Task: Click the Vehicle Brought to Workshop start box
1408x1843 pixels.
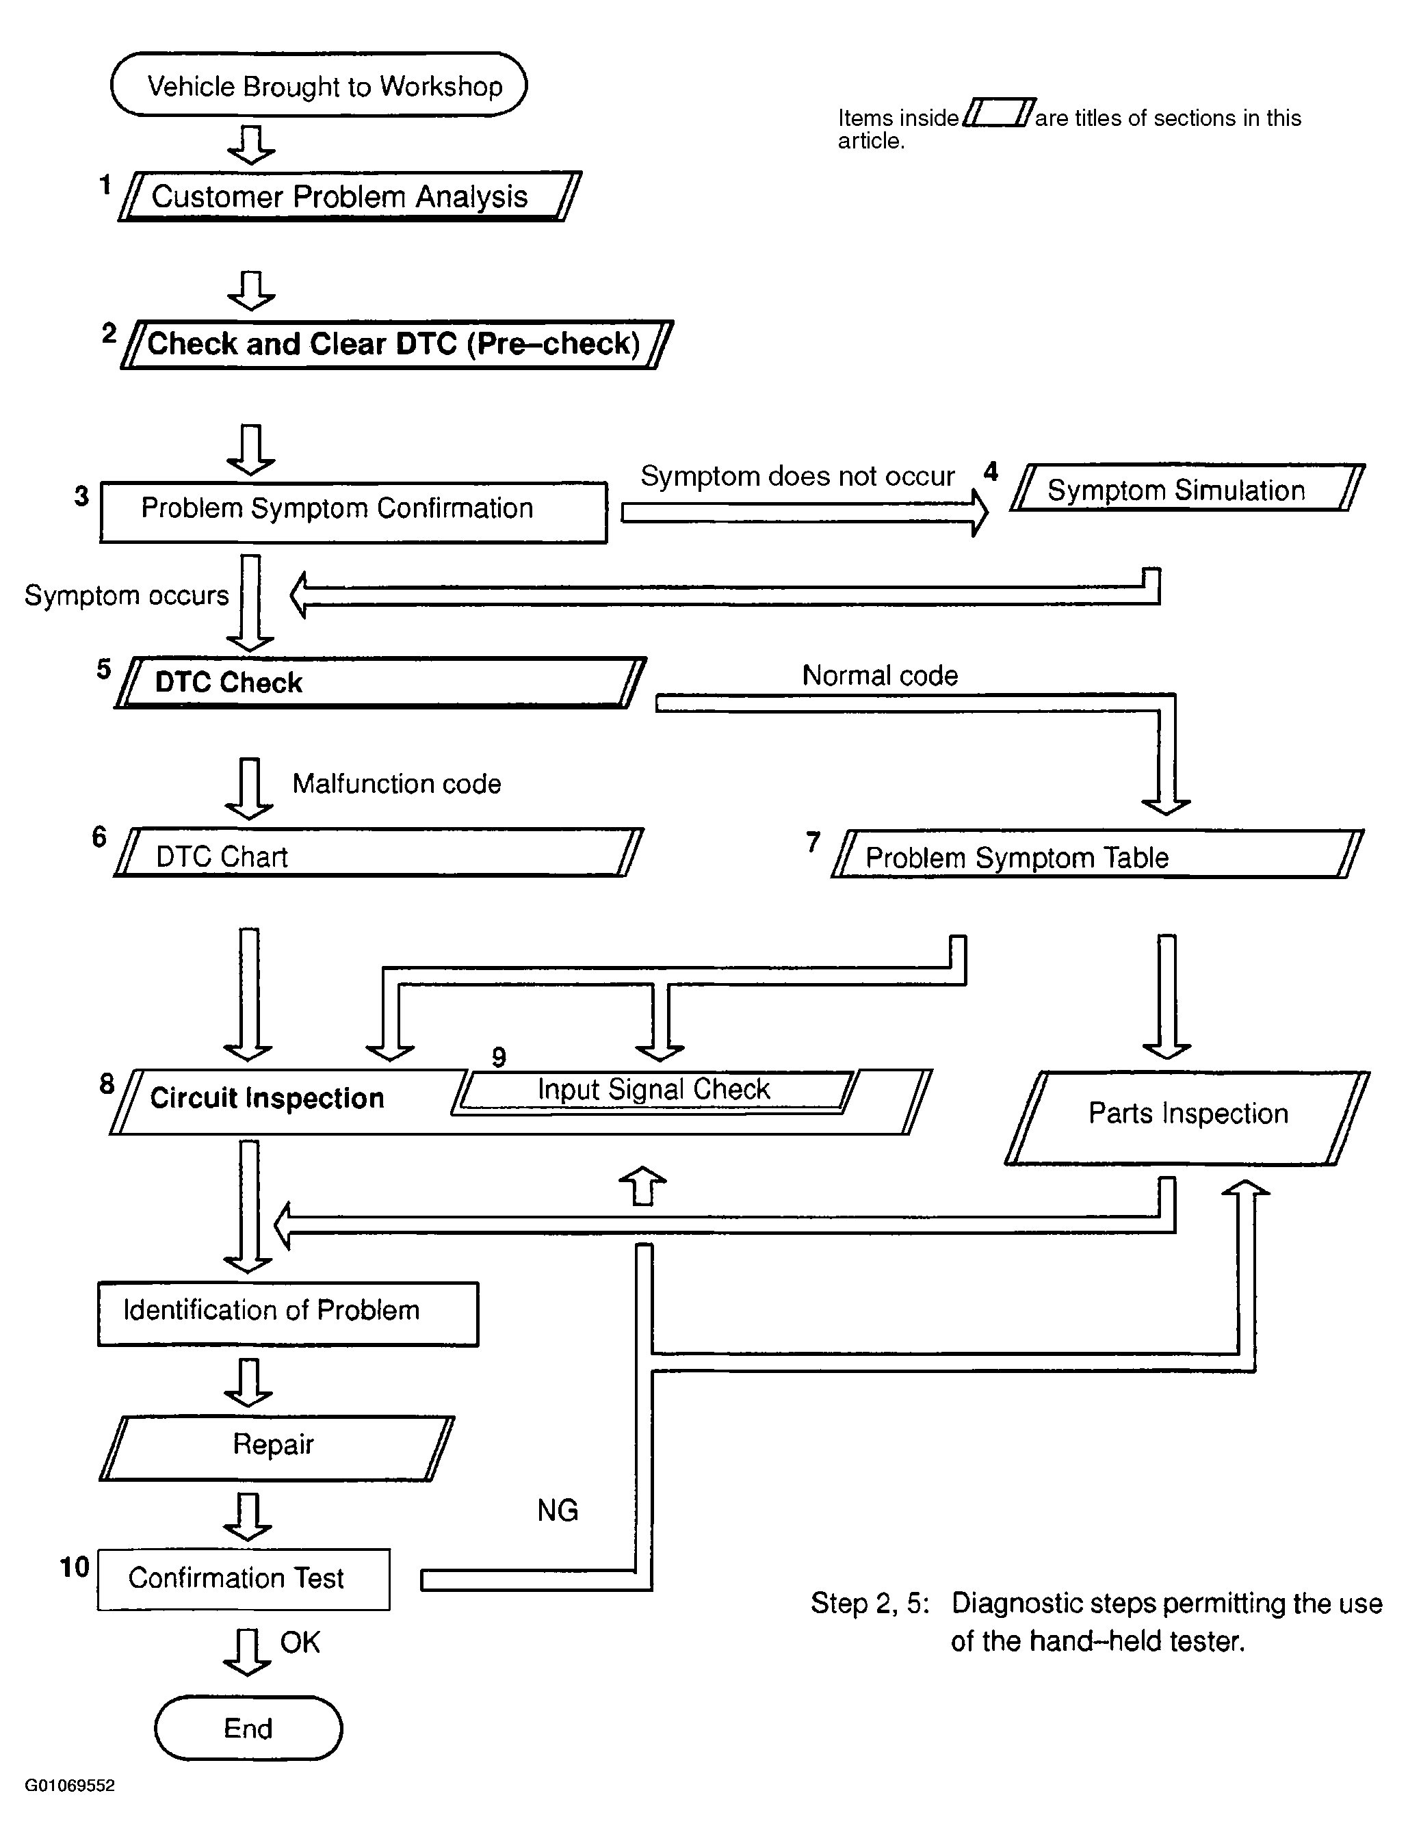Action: pos(319,85)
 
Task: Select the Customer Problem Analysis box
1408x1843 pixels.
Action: pos(350,196)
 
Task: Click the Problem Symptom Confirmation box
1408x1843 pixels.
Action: pos(353,512)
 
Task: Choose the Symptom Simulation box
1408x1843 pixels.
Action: pos(1188,488)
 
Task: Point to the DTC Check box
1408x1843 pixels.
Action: pos(380,683)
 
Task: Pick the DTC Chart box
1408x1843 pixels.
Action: pos(379,853)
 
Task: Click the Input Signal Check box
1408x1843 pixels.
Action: pos(655,1092)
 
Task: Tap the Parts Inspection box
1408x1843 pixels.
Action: pos(1188,1118)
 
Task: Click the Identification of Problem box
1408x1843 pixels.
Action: pos(288,1314)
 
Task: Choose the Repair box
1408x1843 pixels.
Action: pos(276,1448)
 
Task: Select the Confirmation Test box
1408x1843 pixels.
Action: pos(244,1579)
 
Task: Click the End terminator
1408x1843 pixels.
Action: pos(248,1728)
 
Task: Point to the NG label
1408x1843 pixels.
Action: pos(558,1511)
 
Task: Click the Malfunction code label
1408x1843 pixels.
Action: pos(396,783)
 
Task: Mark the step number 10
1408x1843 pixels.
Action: pos(75,1567)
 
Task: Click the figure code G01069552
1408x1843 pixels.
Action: pos(70,1785)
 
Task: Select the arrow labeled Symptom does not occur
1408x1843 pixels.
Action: pos(805,512)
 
